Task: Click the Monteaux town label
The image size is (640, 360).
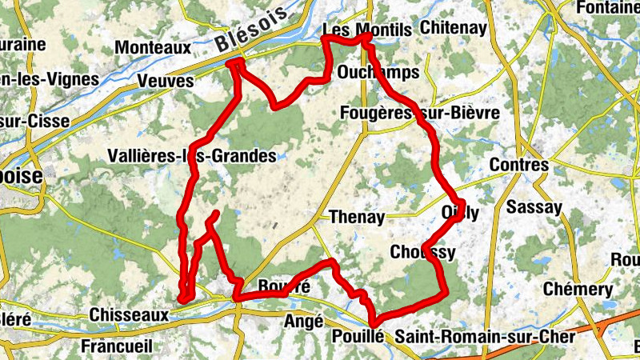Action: click(x=153, y=48)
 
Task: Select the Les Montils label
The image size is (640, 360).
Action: click(x=366, y=30)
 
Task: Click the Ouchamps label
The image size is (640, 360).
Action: click(x=378, y=73)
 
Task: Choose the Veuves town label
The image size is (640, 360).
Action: click(x=166, y=82)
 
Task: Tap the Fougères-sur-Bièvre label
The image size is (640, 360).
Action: click(x=420, y=113)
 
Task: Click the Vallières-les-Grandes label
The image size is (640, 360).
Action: click(x=191, y=156)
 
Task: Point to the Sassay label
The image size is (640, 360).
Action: click(x=534, y=208)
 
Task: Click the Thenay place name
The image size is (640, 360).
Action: click(x=358, y=217)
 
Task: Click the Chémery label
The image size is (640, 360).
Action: click(x=578, y=289)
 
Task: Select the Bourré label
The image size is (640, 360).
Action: click(x=284, y=286)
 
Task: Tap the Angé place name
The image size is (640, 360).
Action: click(x=303, y=322)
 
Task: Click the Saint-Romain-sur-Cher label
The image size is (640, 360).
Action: click(x=485, y=337)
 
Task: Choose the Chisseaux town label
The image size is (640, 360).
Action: click(x=130, y=315)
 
